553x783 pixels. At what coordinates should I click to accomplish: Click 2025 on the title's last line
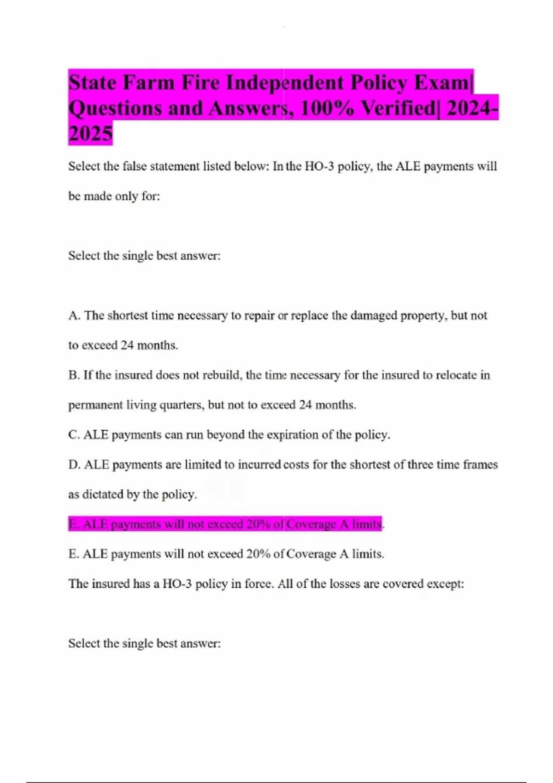tap(90, 134)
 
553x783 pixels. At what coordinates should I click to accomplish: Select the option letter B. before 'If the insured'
tap(74, 375)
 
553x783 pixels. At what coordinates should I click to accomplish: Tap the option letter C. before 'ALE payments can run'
tap(74, 435)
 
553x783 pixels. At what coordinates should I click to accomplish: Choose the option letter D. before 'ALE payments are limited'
tap(75, 465)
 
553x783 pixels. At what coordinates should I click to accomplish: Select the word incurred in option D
tap(259, 465)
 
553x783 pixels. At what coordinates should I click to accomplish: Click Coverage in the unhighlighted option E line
tap(311, 554)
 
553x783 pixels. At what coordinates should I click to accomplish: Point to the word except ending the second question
tap(445, 584)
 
